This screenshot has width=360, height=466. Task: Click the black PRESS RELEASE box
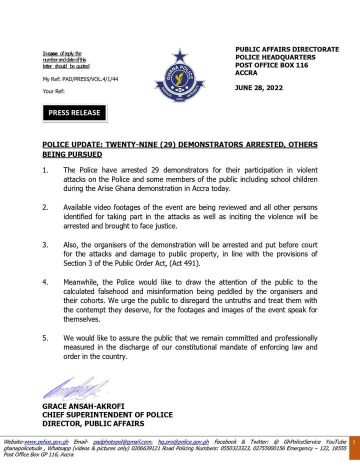pos(74,113)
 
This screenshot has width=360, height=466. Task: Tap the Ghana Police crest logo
pos(178,77)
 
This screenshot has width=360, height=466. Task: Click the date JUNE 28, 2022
pos(258,87)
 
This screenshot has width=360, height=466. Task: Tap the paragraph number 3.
pos(45,245)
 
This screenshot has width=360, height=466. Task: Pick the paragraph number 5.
pos(45,338)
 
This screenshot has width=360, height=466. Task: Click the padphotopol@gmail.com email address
pos(122,442)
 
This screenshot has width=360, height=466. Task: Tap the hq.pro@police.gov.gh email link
pos(183,442)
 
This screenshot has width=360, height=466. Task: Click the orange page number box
pos(353,442)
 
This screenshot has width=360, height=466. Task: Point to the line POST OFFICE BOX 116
pos(271,65)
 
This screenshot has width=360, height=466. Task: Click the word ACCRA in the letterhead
pos(246,73)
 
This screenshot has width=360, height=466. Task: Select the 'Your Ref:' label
pos(53,91)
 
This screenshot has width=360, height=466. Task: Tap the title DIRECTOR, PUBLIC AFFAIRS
pos(93,424)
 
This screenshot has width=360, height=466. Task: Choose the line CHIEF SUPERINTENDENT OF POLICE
pos(107,415)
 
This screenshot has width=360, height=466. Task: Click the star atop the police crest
pos(178,55)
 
